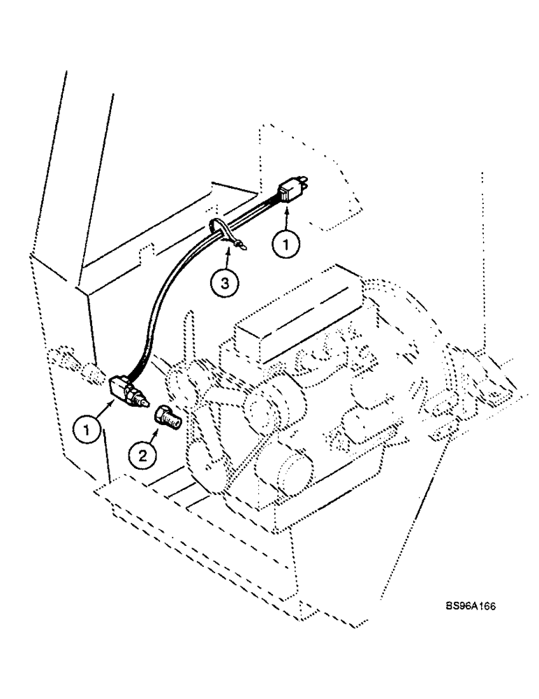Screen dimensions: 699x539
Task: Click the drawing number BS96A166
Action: [468, 608]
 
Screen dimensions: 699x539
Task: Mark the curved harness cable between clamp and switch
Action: [168, 294]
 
